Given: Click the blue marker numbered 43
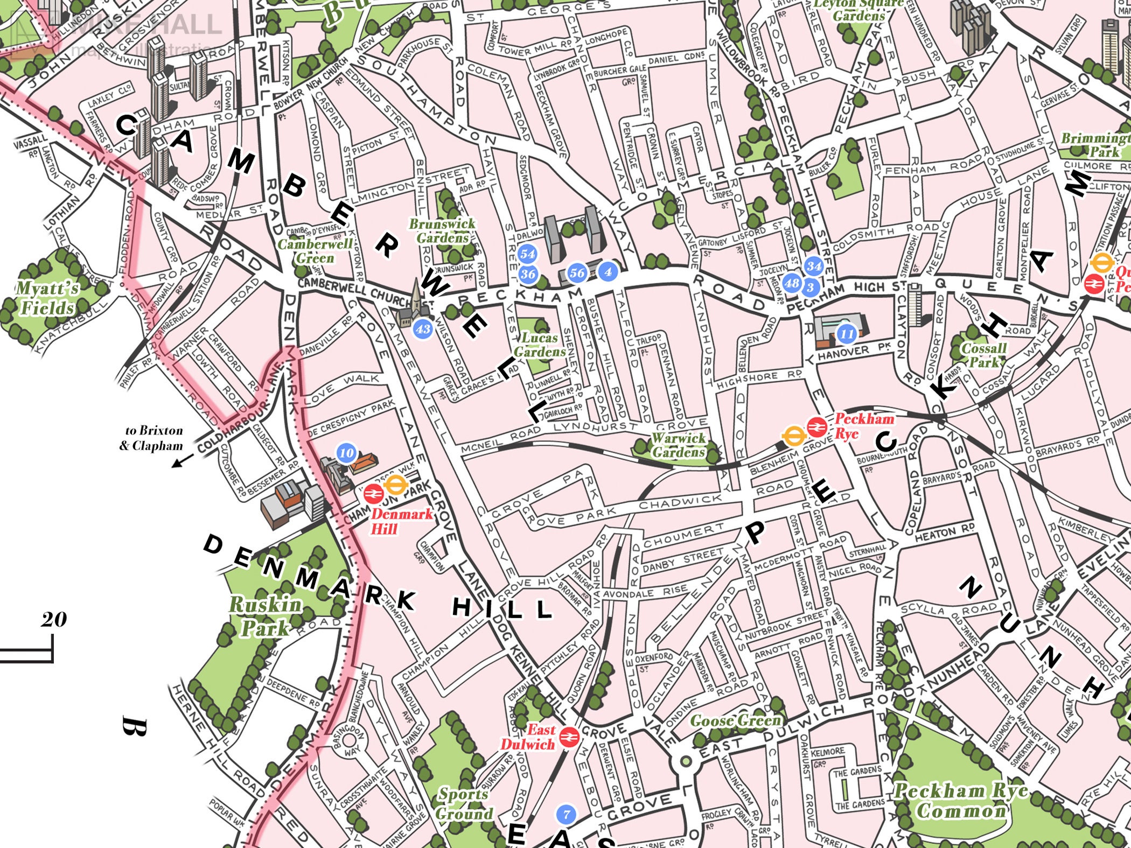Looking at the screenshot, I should [423, 328].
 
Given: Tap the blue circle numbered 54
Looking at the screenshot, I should [527, 254].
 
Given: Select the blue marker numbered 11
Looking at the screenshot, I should [847, 334].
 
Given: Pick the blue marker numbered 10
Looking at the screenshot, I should [347, 453].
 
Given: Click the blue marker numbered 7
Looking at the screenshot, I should [565, 815].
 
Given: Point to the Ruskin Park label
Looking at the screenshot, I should [265, 616].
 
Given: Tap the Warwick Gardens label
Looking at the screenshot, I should [678, 445].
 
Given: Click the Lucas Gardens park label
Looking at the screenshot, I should [539, 345].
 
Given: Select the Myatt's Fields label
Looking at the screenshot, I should [47, 298].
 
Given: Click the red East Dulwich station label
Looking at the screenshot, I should [528, 737].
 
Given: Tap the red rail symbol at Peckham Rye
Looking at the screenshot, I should [816, 427].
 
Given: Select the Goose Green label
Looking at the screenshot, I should [735, 720].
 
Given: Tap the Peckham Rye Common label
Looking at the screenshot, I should [960, 801].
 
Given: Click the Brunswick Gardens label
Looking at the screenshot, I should [442, 230].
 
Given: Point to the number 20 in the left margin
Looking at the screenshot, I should [54, 620].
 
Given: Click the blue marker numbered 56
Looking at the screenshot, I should [577, 273].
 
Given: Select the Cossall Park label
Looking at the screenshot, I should [984, 355].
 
